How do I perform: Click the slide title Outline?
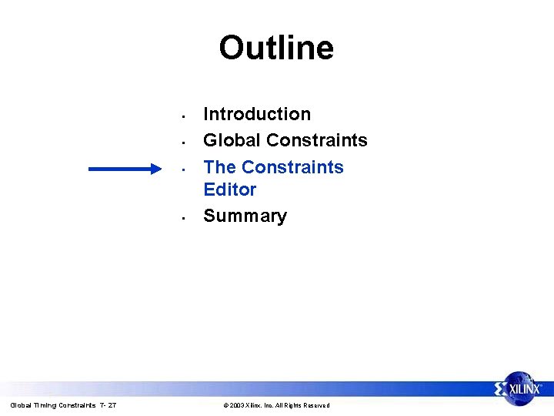click(276, 48)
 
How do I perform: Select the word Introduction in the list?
click(257, 114)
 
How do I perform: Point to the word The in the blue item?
click(220, 167)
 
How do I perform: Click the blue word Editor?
click(229, 189)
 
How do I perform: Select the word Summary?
click(245, 216)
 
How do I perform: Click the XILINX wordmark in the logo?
click(527, 390)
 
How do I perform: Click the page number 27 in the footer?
click(112, 405)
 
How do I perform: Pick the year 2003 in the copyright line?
click(236, 405)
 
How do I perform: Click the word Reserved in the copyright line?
click(315, 405)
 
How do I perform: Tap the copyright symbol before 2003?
click(225, 405)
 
